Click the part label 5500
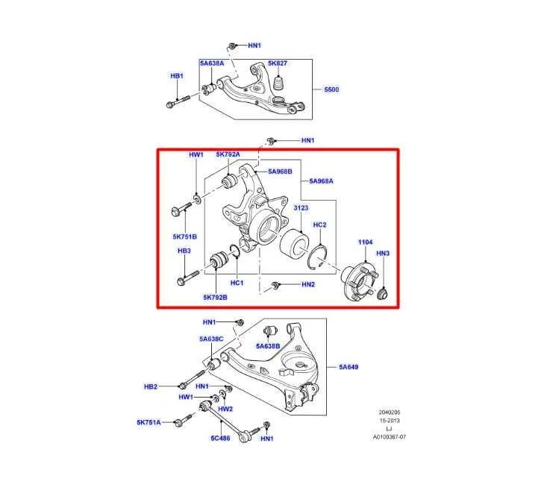(x=331, y=90)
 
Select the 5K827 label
(x=278, y=63)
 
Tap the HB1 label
(x=176, y=76)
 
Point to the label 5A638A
(x=211, y=63)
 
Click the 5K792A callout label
(x=228, y=154)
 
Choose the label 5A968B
(x=281, y=172)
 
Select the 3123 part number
(x=301, y=209)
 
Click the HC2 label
(x=319, y=225)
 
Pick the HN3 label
(x=382, y=254)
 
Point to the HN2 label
(x=308, y=285)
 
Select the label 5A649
(x=349, y=367)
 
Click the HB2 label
(x=151, y=386)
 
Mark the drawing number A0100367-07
(x=390, y=438)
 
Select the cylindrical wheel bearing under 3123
(x=294, y=243)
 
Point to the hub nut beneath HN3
(x=382, y=293)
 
